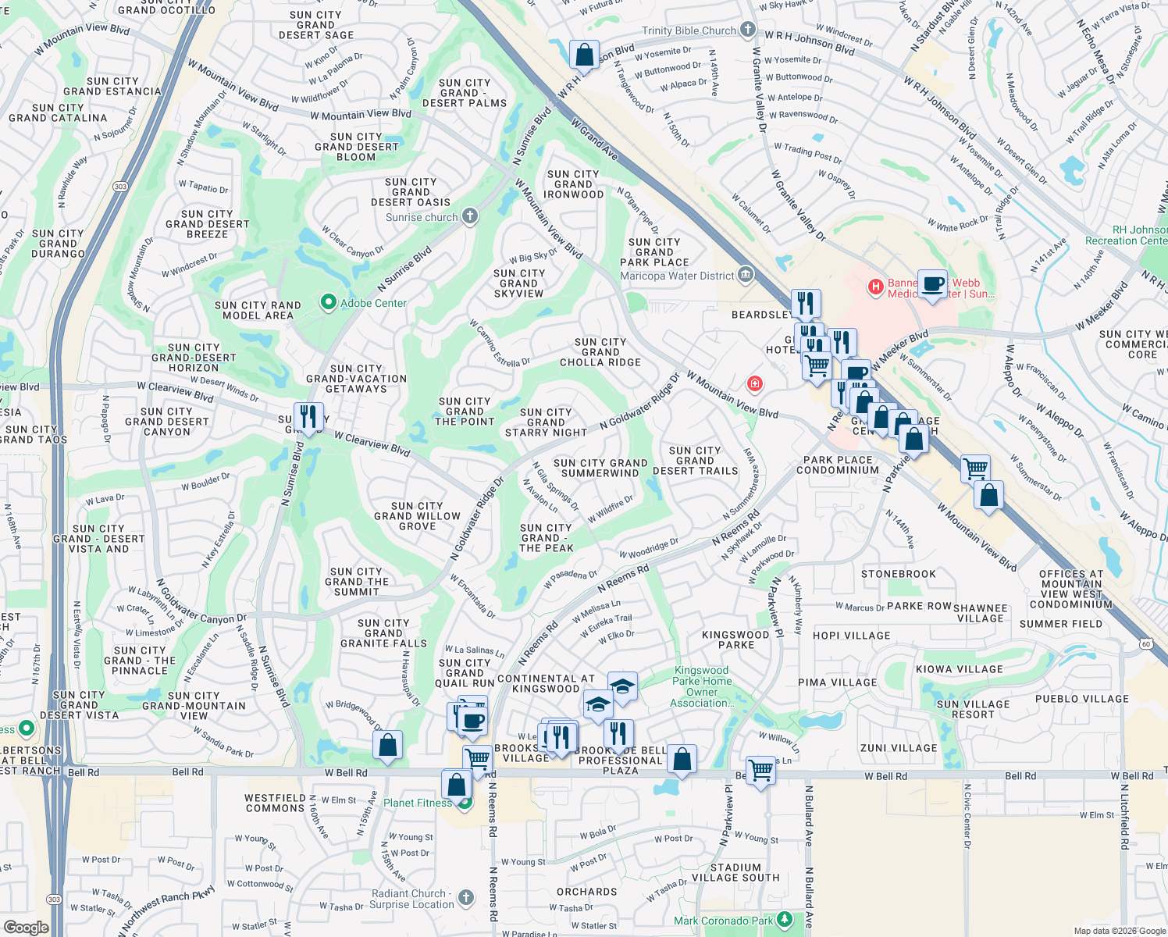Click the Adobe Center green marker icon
[329, 302]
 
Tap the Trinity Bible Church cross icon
[748, 30]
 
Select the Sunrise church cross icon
[469, 216]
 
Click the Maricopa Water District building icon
[746, 275]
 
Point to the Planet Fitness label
[418, 803]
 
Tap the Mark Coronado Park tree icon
[786, 921]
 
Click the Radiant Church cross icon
[466, 898]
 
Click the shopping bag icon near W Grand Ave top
[584, 55]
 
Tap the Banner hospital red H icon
[876, 287]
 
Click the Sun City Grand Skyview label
[519, 283]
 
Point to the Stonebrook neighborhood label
[898, 574]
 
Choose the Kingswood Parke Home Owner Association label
[702, 686]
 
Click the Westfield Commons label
[275, 803]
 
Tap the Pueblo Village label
[1082, 699]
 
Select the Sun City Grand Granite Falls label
[383, 633]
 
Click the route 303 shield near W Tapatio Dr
[120, 187]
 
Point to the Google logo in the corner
[27, 927]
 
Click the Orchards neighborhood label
[587, 892]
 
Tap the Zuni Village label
[899, 748]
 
